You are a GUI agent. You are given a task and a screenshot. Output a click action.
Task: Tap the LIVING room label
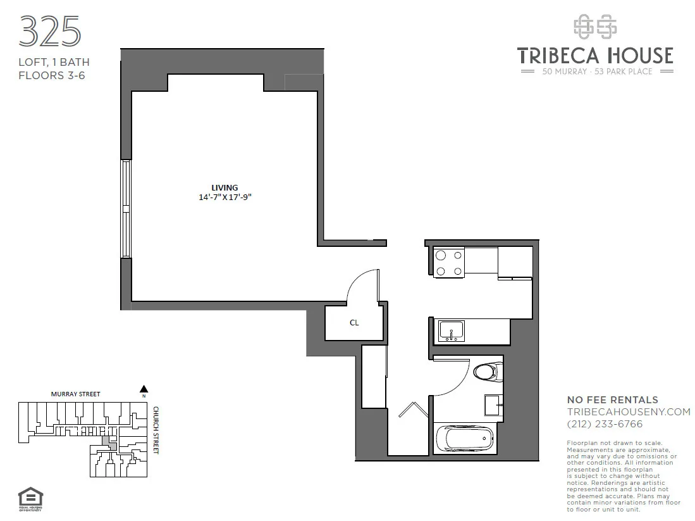[224, 187]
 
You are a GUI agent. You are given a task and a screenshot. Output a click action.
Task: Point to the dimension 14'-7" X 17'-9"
[225, 197]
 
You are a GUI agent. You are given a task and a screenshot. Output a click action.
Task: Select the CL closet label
[354, 323]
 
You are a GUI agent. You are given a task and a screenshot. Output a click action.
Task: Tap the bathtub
[465, 437]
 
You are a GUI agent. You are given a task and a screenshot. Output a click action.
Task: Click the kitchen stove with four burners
[449, 263]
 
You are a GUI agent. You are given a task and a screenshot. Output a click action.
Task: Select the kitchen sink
[452, 330]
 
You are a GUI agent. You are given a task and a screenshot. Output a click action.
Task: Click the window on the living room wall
[126, 209]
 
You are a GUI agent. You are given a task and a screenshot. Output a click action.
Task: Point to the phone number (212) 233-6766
[605, 424]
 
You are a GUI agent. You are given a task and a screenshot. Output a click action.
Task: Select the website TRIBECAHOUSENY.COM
[628, 412]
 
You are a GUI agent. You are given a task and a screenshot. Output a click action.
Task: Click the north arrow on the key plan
[144, 389]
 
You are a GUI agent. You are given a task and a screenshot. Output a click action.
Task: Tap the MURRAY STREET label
[75, 394]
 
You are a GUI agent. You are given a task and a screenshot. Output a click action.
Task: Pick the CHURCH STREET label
[156, 430]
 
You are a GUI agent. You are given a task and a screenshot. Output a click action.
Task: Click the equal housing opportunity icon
[27, 496]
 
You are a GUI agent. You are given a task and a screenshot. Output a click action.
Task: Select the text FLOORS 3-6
[51, 75]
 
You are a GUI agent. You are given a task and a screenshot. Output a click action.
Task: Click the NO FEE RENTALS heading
[612, 400]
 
